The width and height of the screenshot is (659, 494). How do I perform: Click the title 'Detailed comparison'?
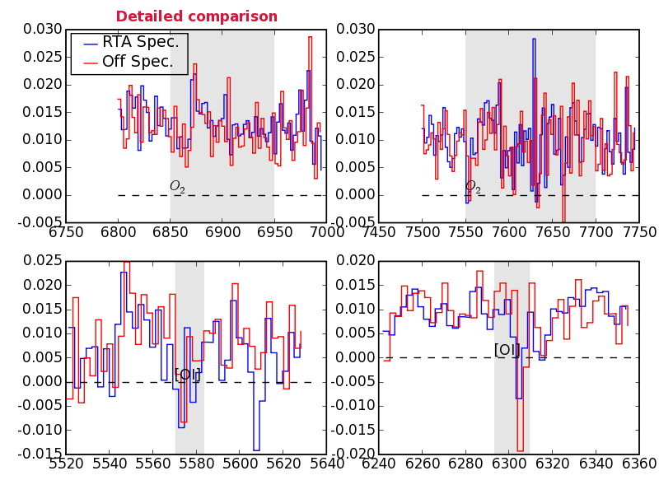tap(196, 16)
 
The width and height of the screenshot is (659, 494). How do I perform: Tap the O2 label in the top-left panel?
tap(177, 187)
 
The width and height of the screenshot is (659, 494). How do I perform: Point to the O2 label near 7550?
tap(473, 187)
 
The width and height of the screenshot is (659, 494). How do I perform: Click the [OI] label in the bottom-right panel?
tap(504, 350)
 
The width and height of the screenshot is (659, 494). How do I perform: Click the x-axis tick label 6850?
tap(170, 233)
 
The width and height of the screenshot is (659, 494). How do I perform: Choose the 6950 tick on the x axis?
tap(274, 233)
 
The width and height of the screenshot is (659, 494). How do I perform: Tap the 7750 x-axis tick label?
tap(638, 233)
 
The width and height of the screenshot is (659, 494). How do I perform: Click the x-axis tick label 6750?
tap(66, 233)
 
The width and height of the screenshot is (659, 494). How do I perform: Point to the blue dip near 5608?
tap(256, 450)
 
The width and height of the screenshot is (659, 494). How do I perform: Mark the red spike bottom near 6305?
tap(521, 450)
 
